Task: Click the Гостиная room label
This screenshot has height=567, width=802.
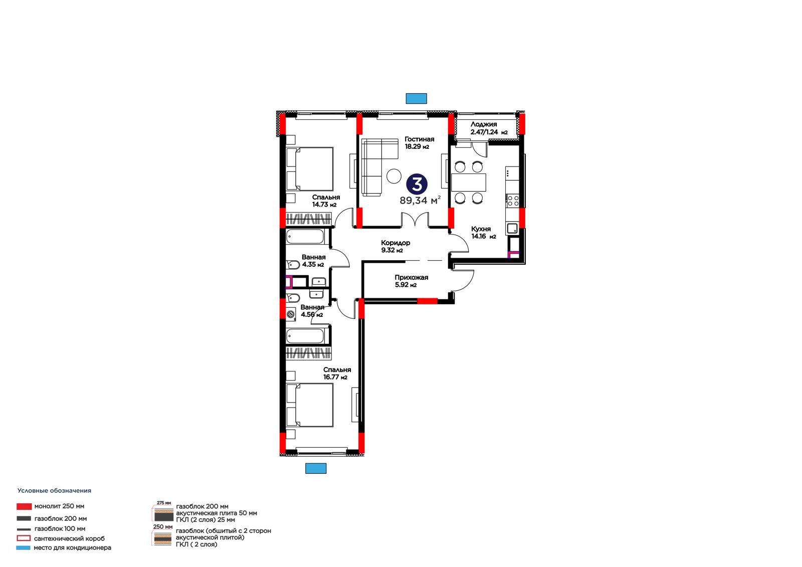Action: click(419, 142)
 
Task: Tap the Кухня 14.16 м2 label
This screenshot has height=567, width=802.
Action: click(483, 233)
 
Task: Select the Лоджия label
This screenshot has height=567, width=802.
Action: click(483, 124)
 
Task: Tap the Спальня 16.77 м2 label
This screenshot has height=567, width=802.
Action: click(336, 373)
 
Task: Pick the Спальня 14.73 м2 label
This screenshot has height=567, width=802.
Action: click(326, 201)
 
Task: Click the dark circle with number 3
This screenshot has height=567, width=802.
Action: click(417, 184)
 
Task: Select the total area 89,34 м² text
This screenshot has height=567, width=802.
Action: click(420, 200)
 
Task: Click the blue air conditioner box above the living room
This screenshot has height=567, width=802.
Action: click(416, 98)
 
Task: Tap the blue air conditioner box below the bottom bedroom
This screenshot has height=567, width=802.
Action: click(316, 469)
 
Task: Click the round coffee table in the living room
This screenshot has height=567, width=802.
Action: click(394, 176)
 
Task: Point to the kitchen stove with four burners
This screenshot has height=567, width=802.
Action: click(512, 201)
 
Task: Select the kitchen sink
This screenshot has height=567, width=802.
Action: click(512, 228)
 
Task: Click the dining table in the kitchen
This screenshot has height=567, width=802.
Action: click(468, 182)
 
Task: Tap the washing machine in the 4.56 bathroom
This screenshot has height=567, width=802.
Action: click(291, 314)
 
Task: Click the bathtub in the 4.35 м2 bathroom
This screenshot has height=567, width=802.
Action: click(305, 237)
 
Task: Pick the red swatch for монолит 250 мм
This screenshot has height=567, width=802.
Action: click(24, 506)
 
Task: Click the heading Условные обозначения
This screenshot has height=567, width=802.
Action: click(55, 491)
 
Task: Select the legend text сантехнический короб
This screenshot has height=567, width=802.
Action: click(70, 539)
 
